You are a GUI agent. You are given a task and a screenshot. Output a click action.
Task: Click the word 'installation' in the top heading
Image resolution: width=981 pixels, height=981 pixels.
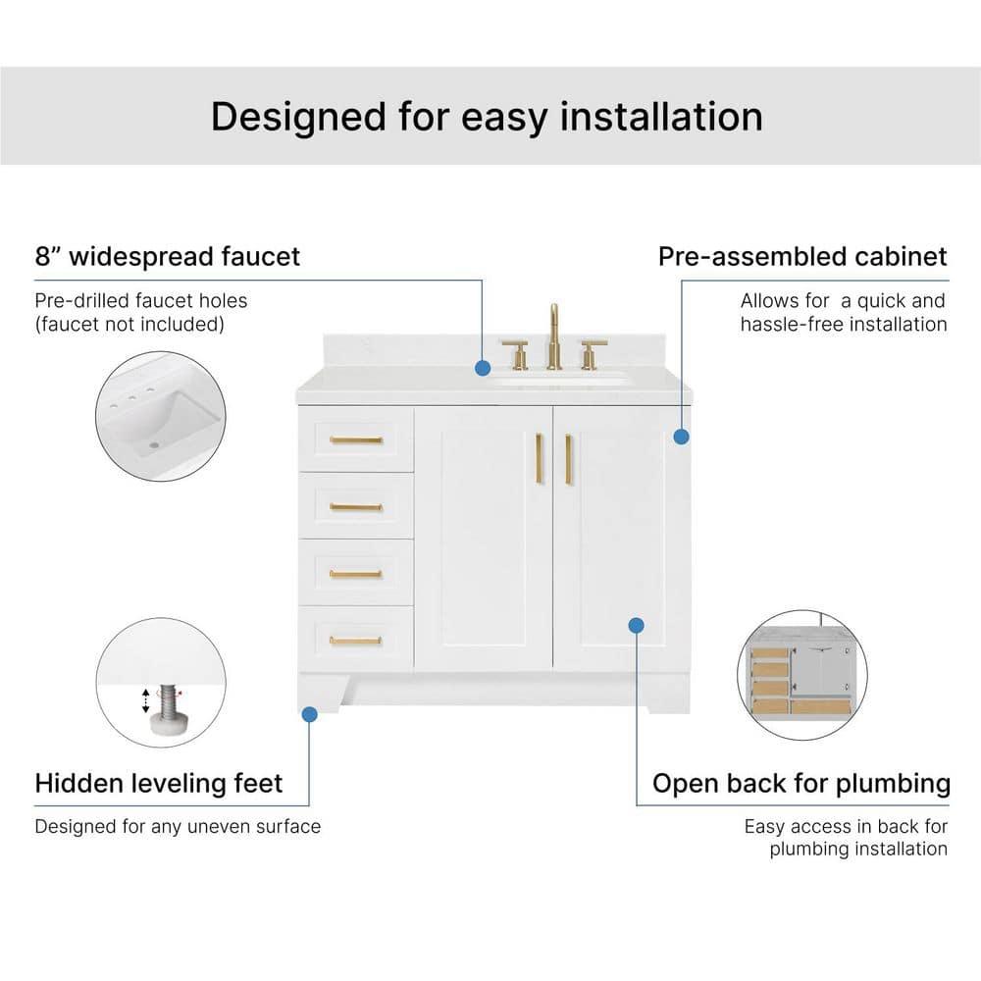click(660, 117)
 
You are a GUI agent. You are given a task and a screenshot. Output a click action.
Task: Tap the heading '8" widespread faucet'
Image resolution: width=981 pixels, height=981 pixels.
click(168, 256)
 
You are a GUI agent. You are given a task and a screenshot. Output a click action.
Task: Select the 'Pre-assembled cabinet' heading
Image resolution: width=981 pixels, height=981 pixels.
click(802, 256)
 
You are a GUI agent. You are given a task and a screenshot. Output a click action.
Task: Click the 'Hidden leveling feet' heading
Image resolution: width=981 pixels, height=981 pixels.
click(159, 783)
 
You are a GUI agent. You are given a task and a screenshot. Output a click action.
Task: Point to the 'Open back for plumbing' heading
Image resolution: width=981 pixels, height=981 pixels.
click(801, 784)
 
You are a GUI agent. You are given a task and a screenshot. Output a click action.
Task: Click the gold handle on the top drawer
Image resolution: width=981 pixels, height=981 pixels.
click(356, 439)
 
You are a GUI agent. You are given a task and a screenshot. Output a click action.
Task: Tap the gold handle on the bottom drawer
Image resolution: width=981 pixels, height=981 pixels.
click(355, 640)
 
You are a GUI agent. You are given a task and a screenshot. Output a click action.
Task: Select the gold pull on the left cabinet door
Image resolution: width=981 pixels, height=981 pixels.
click(539, 458)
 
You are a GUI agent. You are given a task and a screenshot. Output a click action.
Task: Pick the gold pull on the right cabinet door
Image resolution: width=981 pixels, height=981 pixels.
click(569, 459)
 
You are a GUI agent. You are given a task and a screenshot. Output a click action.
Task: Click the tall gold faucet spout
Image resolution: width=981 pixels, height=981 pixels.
click(553, 336)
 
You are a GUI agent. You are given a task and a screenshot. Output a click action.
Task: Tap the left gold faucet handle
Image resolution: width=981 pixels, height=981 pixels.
click(517, 354)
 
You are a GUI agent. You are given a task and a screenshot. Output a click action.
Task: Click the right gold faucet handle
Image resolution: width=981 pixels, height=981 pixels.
click(592, 355)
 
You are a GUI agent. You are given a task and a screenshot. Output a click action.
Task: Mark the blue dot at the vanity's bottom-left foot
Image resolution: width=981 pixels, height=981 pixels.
click(309, 714)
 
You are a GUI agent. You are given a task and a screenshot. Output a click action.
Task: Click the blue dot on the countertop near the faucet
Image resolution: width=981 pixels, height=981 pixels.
click(483, 368)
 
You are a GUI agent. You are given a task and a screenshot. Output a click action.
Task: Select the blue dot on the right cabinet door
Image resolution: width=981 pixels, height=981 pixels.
click(637, 625)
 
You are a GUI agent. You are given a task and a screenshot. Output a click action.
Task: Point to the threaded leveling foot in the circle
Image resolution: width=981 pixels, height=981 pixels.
click(166, 710)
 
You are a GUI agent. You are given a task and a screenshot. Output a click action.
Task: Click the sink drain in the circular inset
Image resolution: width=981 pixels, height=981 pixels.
click(154, 445)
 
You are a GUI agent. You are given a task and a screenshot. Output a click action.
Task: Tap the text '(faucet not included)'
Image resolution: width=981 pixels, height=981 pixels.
click(129, 324)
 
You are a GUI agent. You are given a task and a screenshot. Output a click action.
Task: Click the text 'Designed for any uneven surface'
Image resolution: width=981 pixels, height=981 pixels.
click(178, 826)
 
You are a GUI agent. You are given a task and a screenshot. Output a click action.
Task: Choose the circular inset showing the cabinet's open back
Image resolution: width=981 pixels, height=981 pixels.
click(802, 676)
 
